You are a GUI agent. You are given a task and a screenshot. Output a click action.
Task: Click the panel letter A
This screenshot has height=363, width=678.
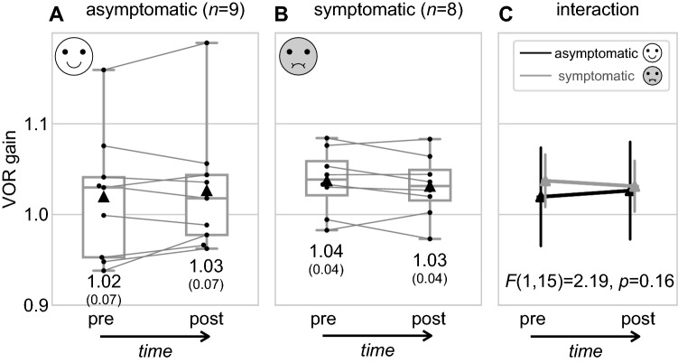click(x=58, y=14)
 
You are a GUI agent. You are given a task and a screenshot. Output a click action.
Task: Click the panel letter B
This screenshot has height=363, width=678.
click(x=283, y=14)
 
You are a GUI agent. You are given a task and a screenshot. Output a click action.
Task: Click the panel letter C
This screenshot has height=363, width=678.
click(x=509, y=14)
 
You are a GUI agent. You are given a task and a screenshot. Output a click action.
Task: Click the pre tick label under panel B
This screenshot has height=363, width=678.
click(x=328, y=321)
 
